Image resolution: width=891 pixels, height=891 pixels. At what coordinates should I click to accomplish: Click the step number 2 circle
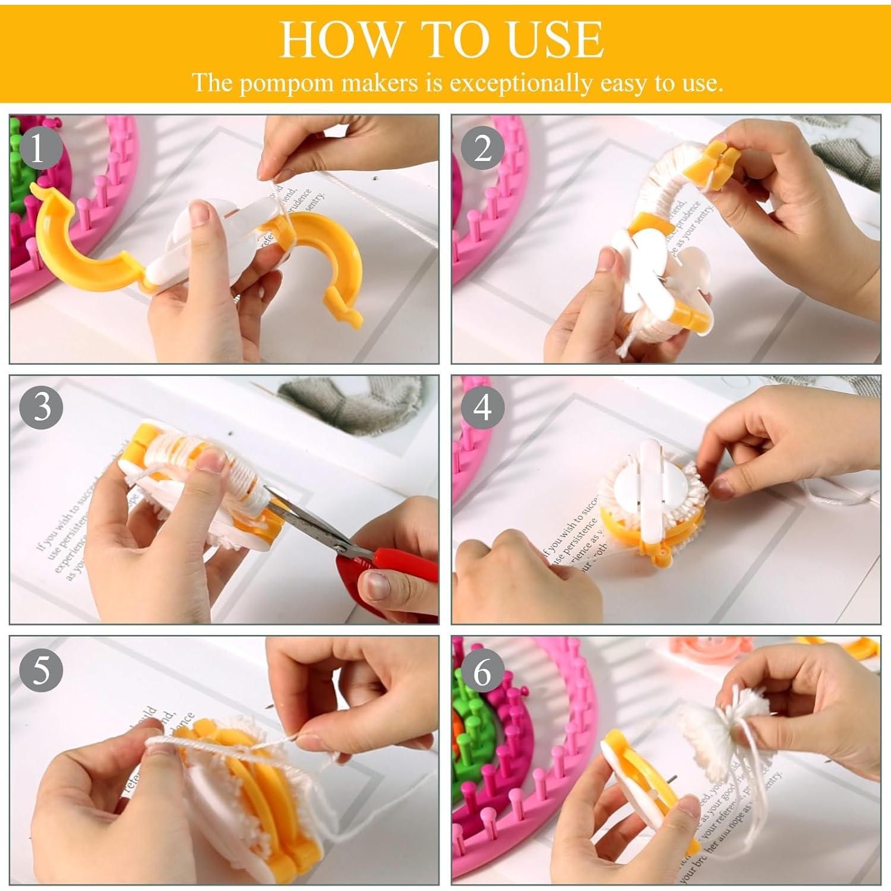pos(482,148)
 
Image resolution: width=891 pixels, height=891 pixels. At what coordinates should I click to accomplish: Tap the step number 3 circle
pos(40,409)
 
